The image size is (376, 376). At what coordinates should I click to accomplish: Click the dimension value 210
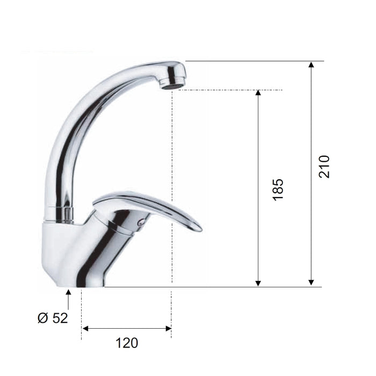[324, 167]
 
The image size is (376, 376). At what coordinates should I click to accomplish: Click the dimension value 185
[278, 190]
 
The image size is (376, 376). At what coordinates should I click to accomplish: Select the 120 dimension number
[127, 343]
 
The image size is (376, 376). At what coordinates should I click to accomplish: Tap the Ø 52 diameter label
[53, 318]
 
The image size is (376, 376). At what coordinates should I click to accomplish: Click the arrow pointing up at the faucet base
[68, 299]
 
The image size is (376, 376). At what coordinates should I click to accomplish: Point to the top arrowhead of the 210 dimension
[311, 64]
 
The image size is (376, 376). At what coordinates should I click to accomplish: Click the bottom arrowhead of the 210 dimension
[311, 283]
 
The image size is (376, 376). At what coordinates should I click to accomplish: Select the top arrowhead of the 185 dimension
[258, 93]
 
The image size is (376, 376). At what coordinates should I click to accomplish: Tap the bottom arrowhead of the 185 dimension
[258, 283]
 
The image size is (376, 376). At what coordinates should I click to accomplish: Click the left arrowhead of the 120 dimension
[85, 329]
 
